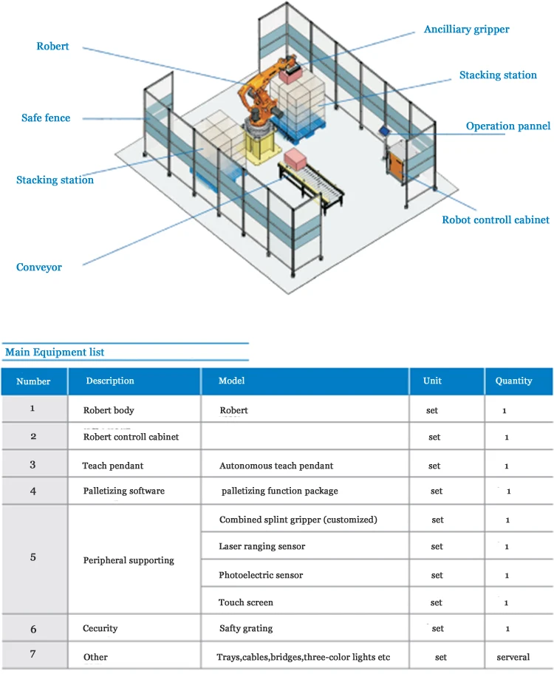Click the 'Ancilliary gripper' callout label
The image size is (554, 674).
tap(466, 30)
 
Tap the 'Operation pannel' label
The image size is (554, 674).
tap(507, 126)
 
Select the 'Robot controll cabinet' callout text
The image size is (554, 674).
tap(495, 219)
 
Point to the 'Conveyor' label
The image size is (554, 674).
tap(39, 268)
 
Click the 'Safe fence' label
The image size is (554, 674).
tap(46, 118)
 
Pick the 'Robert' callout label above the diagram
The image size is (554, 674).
tap(52, 47)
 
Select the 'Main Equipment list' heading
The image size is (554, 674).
tap(55, 352)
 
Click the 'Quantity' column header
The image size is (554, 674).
tap(513, 381)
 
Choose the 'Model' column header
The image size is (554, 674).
tap(231, 381)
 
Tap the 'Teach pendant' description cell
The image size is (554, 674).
tap(112, 466)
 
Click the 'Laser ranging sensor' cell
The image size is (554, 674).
tap(261, 547)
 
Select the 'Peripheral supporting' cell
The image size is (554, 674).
tap(129, 560)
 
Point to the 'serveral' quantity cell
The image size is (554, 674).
tap(513, 657)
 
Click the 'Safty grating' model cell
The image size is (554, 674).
tap(246, 629)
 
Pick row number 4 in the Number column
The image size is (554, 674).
tap(33, 490)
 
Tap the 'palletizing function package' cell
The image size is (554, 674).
tap(279, 491)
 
